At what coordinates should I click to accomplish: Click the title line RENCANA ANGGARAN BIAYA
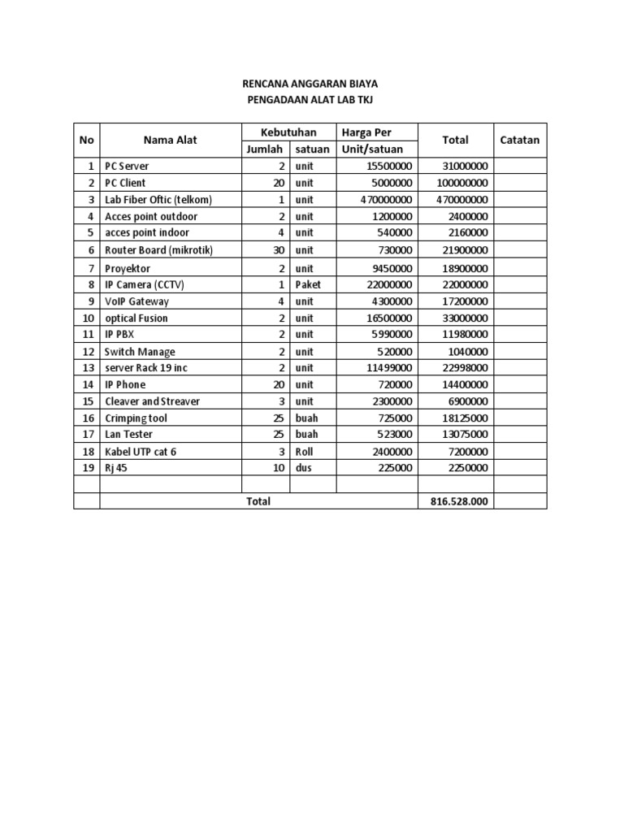point(311,84)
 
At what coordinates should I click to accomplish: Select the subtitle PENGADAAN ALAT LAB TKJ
point(311,100)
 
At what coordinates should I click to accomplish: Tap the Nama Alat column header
point(171,140)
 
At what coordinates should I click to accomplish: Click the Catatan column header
point(520,140)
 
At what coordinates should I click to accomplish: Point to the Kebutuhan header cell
point(288,132)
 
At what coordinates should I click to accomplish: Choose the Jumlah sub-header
point(264,149)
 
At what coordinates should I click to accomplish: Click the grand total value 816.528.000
point(459,501)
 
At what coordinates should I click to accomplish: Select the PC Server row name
point(127,166)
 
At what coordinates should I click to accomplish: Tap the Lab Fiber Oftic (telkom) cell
point(158,199)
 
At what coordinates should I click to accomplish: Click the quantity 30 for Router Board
point(278,250)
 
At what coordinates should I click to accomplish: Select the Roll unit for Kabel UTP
point(305,451)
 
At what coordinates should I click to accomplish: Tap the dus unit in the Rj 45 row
point(303,467)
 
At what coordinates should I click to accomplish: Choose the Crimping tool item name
point(136,418)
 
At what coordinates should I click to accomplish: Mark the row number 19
point(88,467)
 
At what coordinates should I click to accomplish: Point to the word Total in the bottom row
point(258,501)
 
